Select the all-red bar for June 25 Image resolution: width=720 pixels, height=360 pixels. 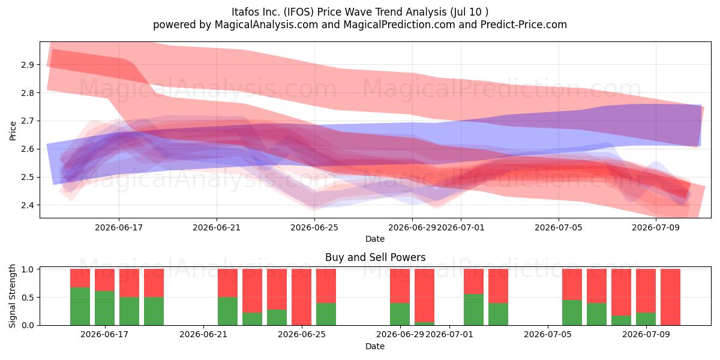click(301, 297)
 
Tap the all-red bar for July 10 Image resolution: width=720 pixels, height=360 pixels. click(670, 297)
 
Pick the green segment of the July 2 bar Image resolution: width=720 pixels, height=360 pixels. click(498, 314)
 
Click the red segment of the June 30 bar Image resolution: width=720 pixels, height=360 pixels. click(424, 295)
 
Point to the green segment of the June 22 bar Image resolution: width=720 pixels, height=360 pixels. click(227, 311)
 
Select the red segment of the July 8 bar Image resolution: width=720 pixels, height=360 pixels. click(621, 292)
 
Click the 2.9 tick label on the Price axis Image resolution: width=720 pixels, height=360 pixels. click(27, 65)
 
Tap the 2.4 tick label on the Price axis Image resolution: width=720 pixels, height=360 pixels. click(27, 205)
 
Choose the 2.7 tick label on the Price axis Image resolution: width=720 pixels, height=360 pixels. click(27, 121)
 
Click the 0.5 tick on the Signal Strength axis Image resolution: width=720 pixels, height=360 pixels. click(27, 298)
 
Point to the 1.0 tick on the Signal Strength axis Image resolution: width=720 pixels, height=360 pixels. click(27, 269)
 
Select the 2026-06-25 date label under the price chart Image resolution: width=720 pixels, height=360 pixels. click(314, 227)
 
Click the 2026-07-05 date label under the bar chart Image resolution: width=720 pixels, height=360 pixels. click(548, 334)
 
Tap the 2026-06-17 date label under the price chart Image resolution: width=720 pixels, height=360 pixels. click(119, 227)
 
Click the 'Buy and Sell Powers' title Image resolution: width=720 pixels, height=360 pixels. click(375, 257)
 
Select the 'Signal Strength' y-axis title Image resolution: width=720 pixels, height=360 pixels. click(12, 296)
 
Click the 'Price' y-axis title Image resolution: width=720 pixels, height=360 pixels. click(13, 131)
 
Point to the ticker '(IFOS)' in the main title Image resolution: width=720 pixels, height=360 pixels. click(299, 12)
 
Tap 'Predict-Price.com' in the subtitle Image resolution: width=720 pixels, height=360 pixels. click(524, 25)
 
